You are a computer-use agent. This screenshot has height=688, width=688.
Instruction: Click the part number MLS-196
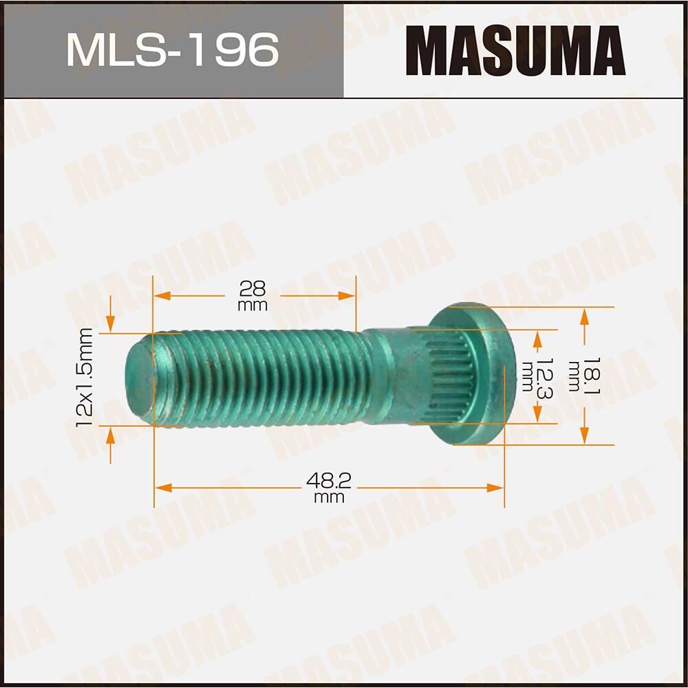(172, 50)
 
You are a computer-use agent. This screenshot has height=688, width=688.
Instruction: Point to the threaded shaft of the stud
(261, 378)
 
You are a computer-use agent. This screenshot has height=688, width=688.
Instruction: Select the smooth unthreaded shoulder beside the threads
(385, 377)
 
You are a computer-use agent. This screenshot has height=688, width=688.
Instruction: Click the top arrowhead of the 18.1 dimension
(584, 315)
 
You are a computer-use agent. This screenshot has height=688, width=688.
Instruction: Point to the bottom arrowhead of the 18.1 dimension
(584, 436)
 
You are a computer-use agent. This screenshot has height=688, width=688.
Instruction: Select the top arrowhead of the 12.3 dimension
(537, 336)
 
